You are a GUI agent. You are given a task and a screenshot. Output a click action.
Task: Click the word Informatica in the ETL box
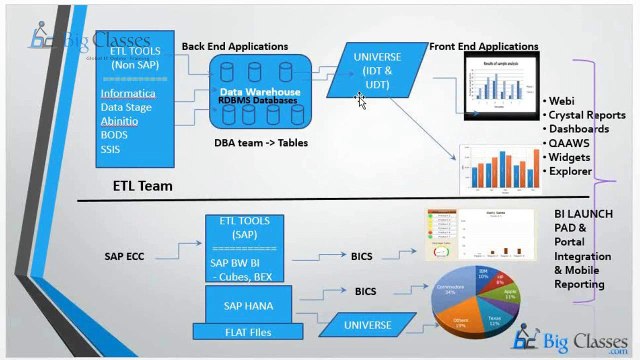click(128, 93)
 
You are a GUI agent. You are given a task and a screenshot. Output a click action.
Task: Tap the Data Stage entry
click(126, 107)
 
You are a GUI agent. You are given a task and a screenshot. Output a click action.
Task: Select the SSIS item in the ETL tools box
click(110, 149)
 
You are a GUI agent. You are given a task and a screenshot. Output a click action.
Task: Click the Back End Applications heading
click(235, 46)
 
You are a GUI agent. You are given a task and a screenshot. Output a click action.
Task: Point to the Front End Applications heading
click(483, 46)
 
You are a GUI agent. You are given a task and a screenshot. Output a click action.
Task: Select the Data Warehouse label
click(259, 91)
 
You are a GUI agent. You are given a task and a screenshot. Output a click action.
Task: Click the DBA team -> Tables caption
click(261, 143)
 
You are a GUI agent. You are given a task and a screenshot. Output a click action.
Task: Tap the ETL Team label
click(142, 185)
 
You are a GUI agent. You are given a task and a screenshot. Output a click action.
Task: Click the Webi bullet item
click(563, 101)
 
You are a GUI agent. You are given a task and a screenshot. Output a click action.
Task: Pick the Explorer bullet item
click(570, 171)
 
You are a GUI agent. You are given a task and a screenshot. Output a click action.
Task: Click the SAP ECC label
click(125, 256)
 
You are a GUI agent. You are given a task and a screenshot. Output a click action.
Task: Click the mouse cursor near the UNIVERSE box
click(361, 100)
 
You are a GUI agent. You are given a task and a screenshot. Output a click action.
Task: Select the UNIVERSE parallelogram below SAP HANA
click(367, 325)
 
